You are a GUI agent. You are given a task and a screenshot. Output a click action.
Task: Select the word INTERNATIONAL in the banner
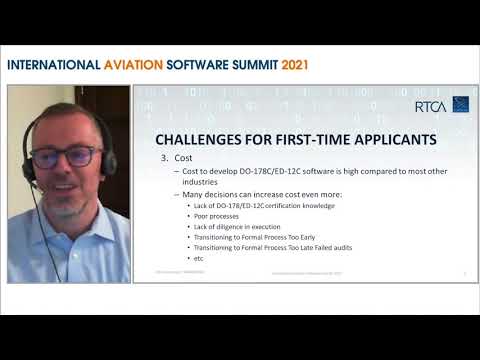pos(52,65)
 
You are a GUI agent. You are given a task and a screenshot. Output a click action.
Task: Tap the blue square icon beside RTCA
pos(460,104)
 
